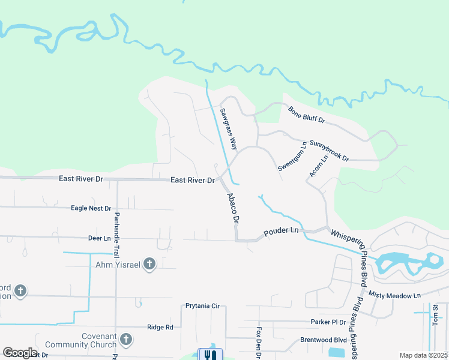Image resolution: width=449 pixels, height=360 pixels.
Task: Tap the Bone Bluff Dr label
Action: pos(306,115)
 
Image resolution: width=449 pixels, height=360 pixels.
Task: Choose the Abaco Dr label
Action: pos(233,208)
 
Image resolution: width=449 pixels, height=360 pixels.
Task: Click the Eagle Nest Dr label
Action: pos(91,208)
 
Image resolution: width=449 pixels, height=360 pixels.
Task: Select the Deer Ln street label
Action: pos(100,238)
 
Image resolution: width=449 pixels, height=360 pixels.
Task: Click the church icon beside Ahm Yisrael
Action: pos(149,263)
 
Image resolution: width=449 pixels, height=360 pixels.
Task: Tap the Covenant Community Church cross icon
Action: pos(125,340)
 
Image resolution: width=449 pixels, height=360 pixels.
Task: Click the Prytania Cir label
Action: pos(202,306)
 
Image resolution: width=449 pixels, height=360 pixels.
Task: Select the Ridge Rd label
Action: pos(160,327)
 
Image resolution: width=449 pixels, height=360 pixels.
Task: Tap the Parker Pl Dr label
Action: pos(328,322)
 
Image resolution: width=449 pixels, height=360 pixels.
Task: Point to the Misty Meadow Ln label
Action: pos(395,296)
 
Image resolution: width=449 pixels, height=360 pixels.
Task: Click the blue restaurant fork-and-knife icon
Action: pos(210,355)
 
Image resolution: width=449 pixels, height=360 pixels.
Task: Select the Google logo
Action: pos(20,353)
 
